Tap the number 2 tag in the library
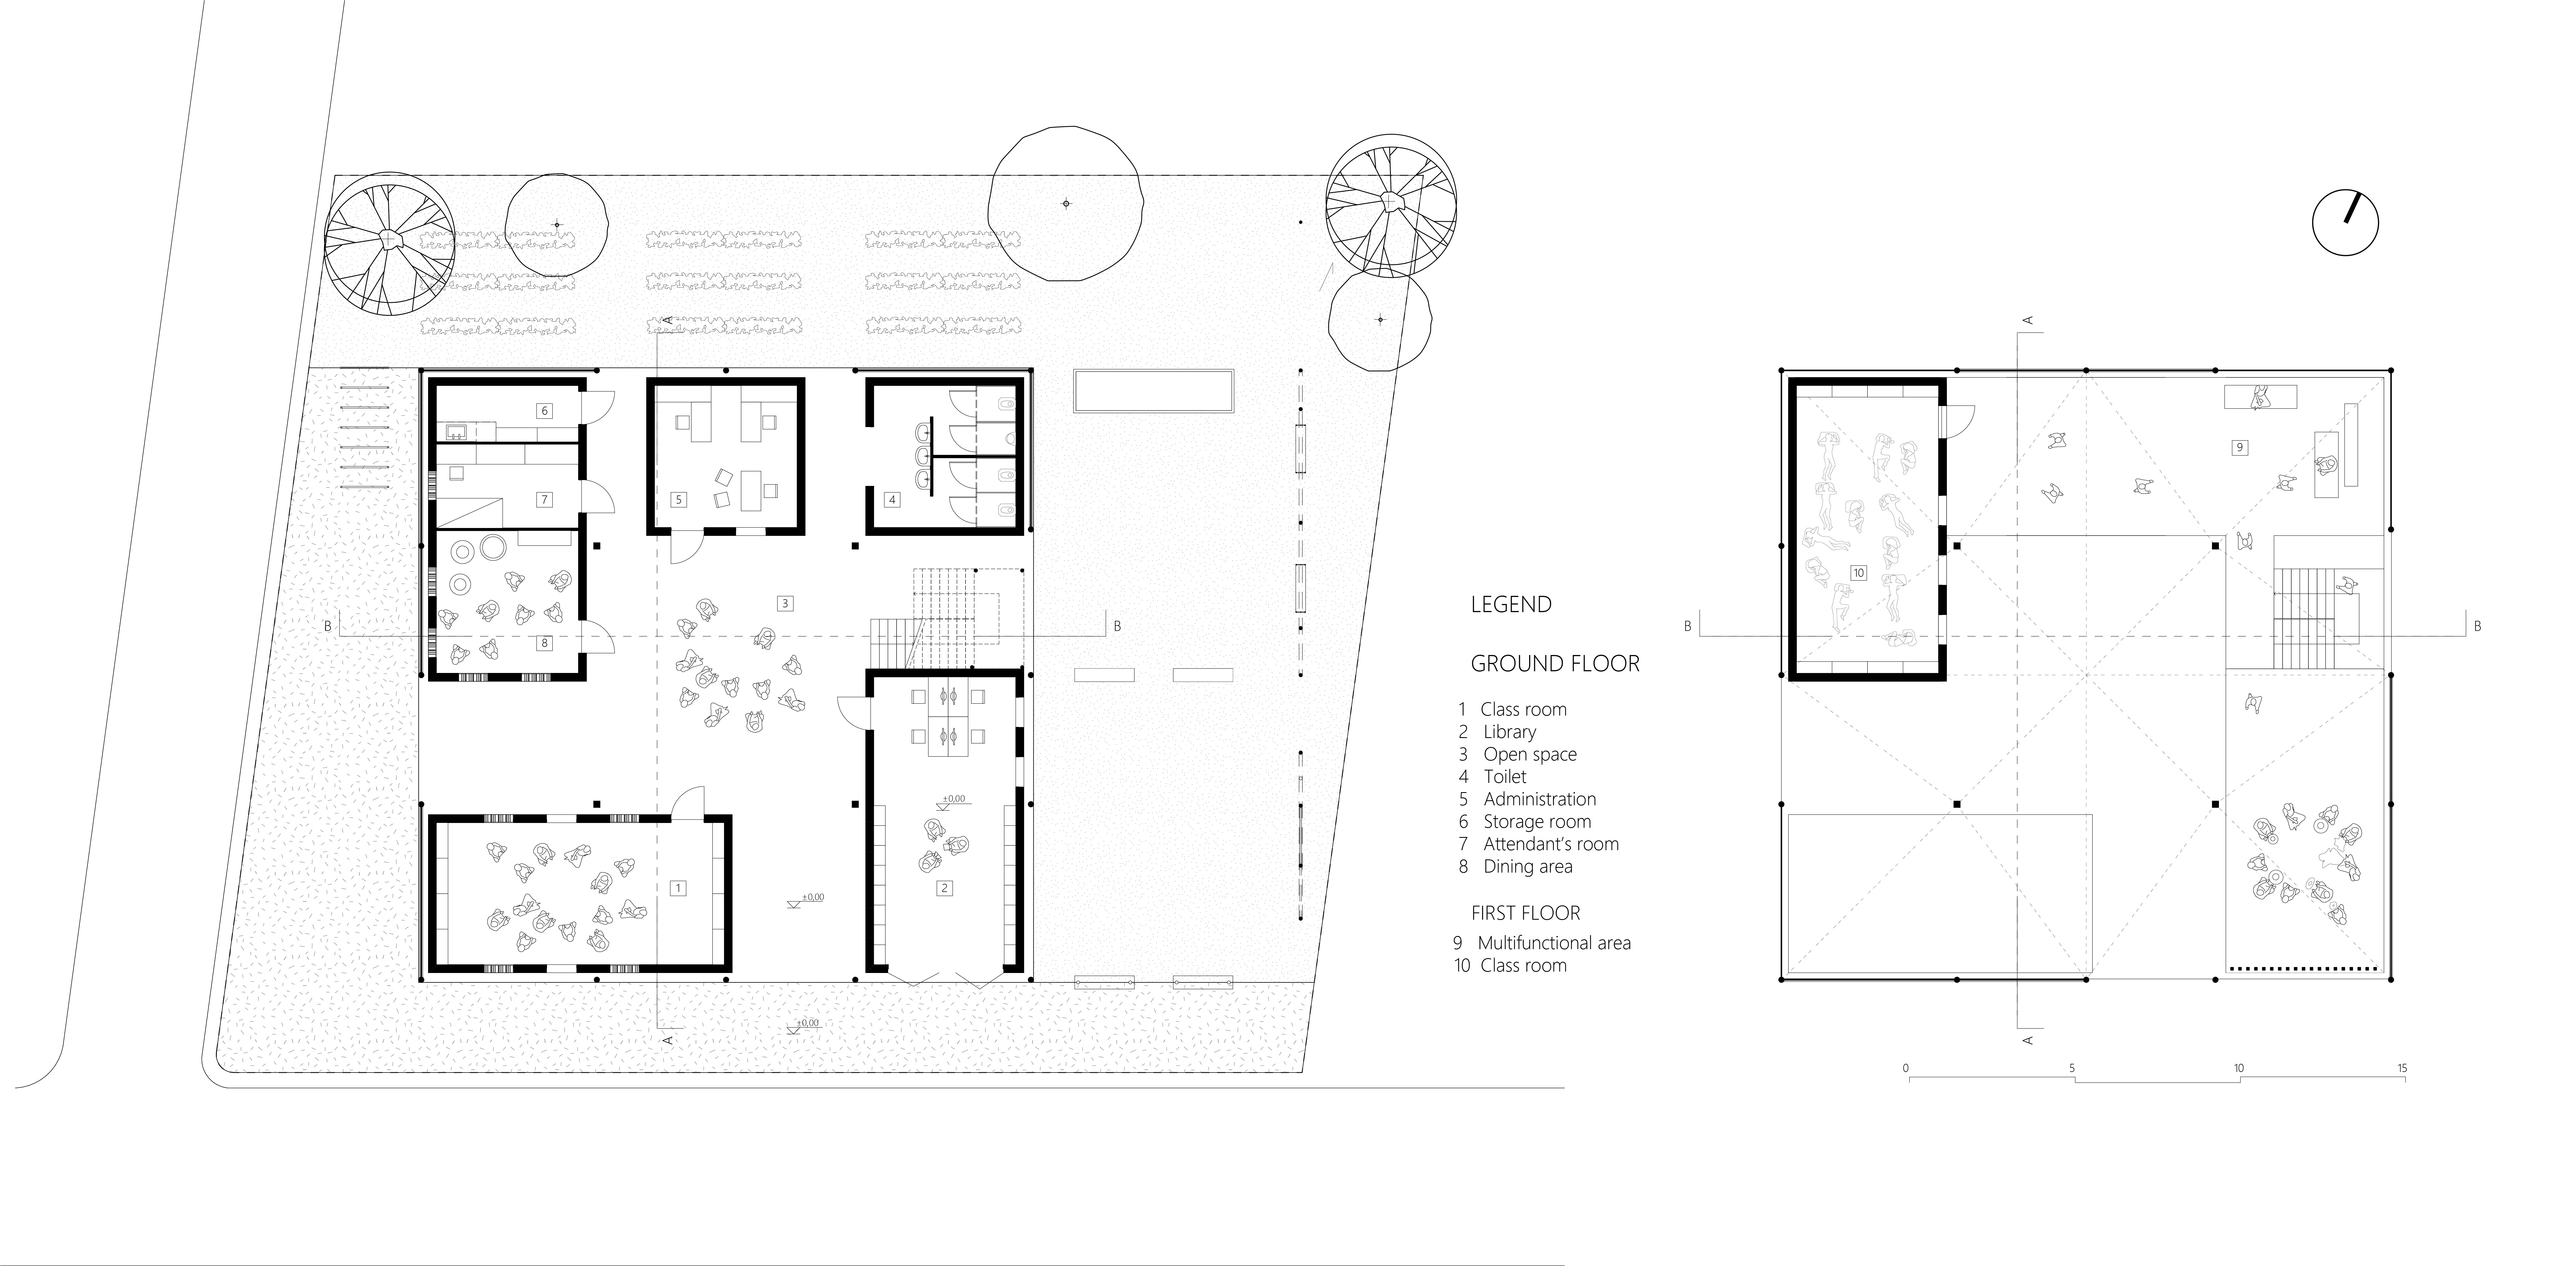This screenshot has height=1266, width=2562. (945, 888)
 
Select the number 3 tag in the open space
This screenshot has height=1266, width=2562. (785, 603)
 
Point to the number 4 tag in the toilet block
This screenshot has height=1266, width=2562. (892, 499)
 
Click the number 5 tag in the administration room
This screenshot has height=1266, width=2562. (678, 499)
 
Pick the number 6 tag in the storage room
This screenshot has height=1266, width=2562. (544, 410)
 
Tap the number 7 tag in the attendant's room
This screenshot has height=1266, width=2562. (544, 499)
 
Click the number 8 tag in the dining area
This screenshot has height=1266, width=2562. (544, 644)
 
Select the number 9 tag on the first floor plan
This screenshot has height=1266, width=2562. (2240, 448)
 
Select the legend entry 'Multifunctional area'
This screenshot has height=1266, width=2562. (1554, 943)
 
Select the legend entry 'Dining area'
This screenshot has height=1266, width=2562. (1528, 866)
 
